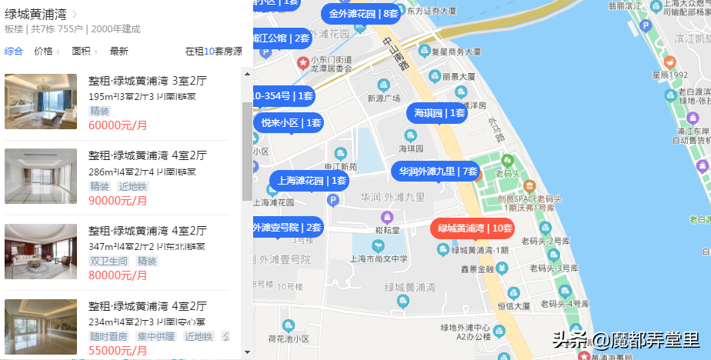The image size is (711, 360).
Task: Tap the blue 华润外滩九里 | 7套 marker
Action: pyautogui.click(x=437, y=171)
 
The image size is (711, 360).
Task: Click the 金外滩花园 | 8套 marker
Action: pyautogui.click(x=363, y=14)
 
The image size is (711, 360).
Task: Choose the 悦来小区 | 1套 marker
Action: pyautogui.click(x=291, y=122)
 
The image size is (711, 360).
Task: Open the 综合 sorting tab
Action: pyautogui.click(x=14, y=52)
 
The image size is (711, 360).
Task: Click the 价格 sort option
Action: pyautogui.click(x=45, y=52)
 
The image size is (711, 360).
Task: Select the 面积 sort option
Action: pyautogui.click(x=82, y=52)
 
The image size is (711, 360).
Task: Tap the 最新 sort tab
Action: pyautogui.click(x=119, y=52)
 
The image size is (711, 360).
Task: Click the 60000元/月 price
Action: pyautogui.click(x=118, y=125)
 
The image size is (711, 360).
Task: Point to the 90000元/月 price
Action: pyautogui.click(x=118, y=200)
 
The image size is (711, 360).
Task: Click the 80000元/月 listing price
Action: pyautogui.click(x=118, y=275)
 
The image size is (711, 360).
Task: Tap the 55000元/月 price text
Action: pyautogui.click(x=118, y=350)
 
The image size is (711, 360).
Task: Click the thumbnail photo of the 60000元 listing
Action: pyautogui.click(x=41, y=102)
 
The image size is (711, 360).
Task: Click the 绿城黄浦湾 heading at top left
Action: pyautogui.click(x=35, y=14)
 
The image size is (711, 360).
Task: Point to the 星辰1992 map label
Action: pyautogui.click(x=669, y=75)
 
